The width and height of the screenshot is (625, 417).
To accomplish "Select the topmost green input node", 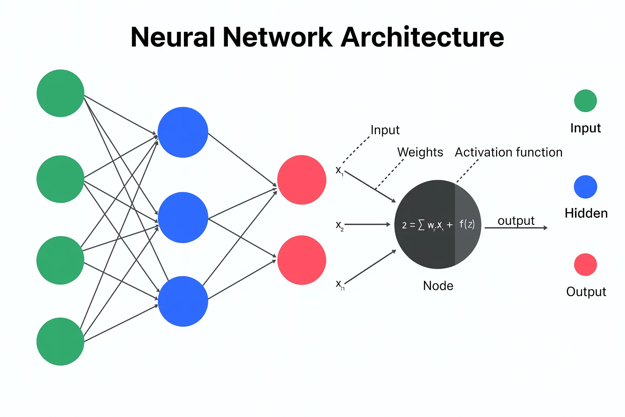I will click(60, 93).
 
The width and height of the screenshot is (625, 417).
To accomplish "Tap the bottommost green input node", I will click(60, 341).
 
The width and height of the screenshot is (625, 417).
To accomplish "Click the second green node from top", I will click(60, 179).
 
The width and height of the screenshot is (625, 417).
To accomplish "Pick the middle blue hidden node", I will click(183, 217).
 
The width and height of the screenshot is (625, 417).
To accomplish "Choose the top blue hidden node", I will click(183, 132).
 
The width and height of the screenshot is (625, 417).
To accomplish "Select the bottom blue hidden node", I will click(183, 301).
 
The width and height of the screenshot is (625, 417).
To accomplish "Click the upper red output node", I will click(302, 180).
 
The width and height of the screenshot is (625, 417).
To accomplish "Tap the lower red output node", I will click(302, 260).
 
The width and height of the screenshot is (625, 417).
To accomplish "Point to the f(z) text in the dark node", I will click(467, 224).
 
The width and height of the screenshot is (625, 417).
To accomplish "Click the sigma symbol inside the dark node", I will click(421, 225).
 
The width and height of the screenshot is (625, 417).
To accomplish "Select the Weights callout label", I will click(420, 152).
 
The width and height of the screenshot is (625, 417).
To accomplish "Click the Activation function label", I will click(508, 152).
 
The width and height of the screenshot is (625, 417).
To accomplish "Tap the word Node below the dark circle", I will click(438, 286).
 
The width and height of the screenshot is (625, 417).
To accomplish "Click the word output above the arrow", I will click(516, 221).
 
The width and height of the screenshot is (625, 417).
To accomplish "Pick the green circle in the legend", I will click(585, 101).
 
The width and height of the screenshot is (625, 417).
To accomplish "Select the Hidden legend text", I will click(586, 213).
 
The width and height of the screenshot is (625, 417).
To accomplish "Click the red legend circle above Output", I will click(585, 265).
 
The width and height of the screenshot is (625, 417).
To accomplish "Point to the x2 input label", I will click(339, 225).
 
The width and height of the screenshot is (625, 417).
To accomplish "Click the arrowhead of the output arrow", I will click(545, 228).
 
